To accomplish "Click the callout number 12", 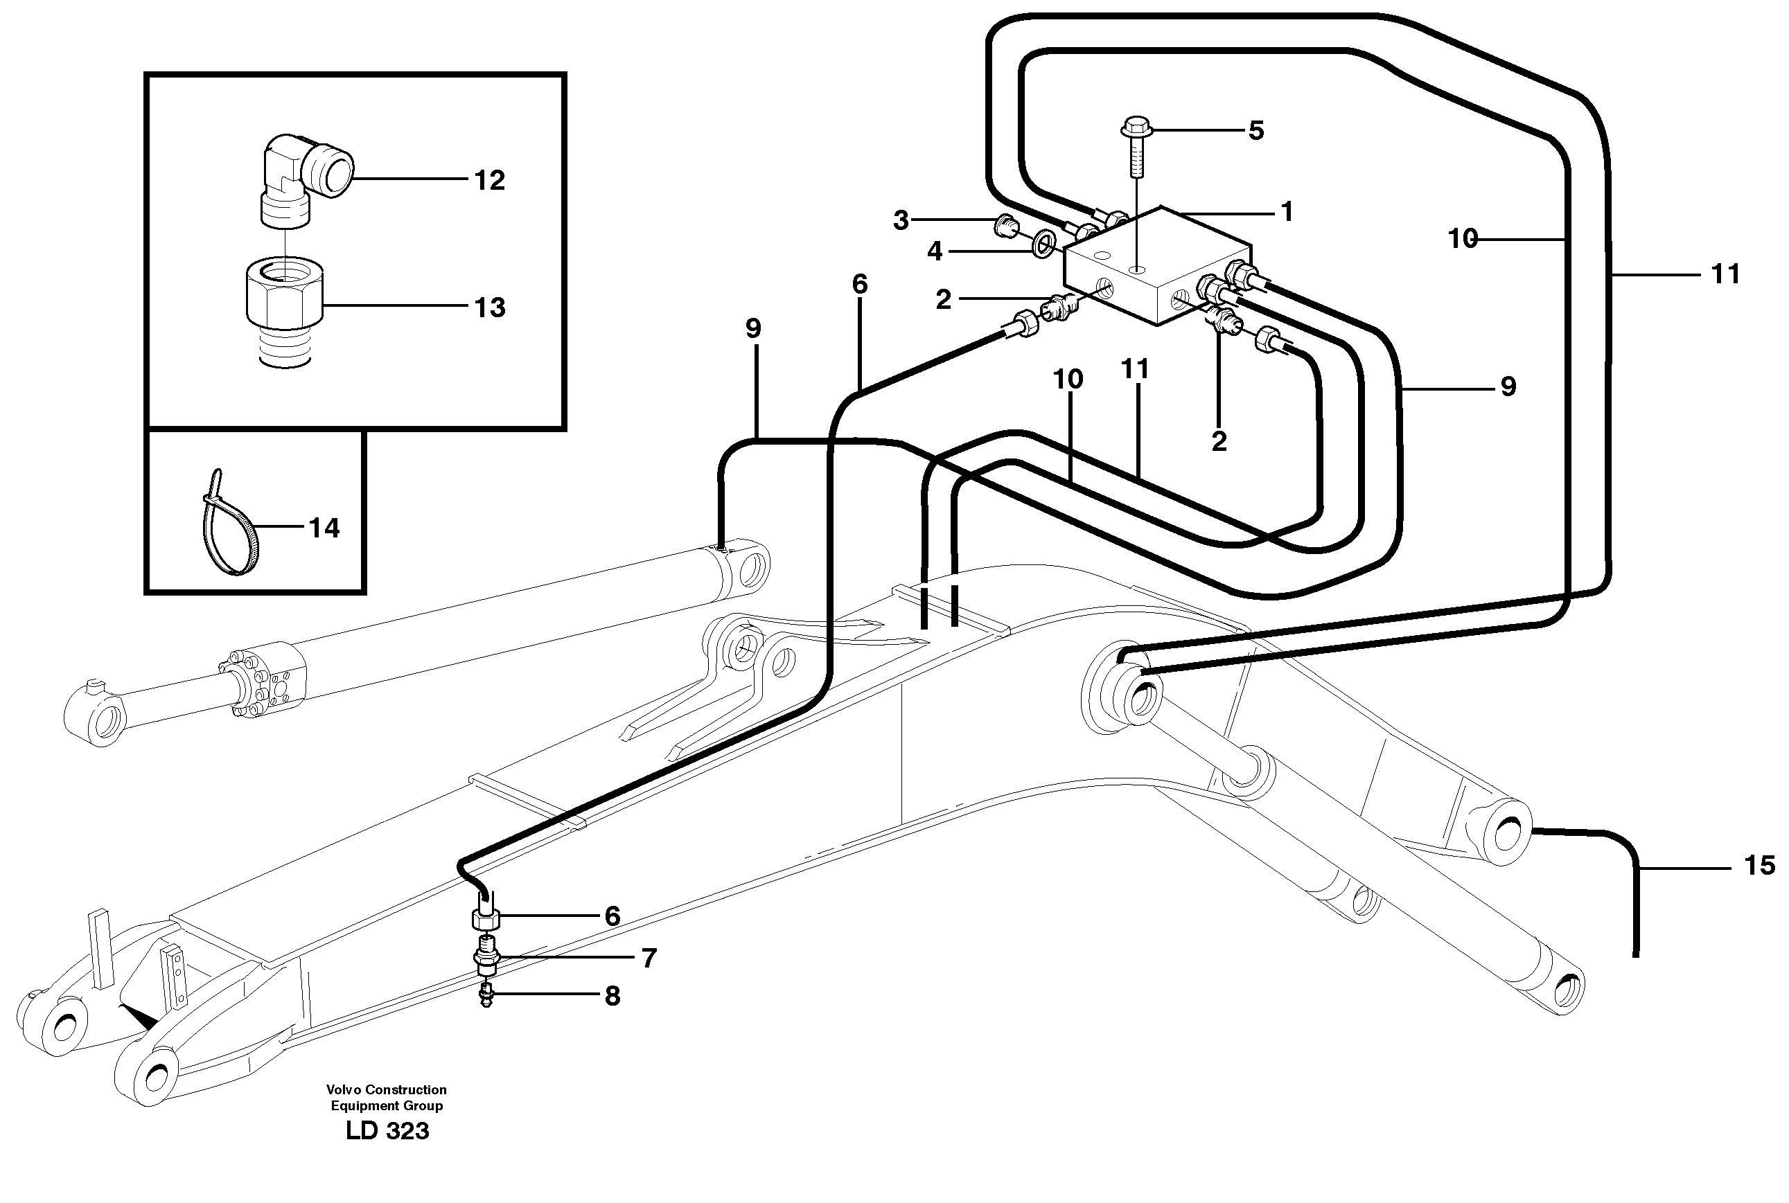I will coord(489,181).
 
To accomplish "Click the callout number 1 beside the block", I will coord(1287,212).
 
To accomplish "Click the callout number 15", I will coord(1760,866).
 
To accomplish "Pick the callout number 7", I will coord(649,959).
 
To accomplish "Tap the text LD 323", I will coord(387,1131).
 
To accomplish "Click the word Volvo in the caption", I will coord(343,1090).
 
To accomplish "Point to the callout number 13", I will coord(489,308).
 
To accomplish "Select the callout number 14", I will coord(323,528).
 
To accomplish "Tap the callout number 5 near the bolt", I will coord(1255,131).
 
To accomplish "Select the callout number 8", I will coord(612,997).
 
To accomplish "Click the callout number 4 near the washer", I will coord(934,251).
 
